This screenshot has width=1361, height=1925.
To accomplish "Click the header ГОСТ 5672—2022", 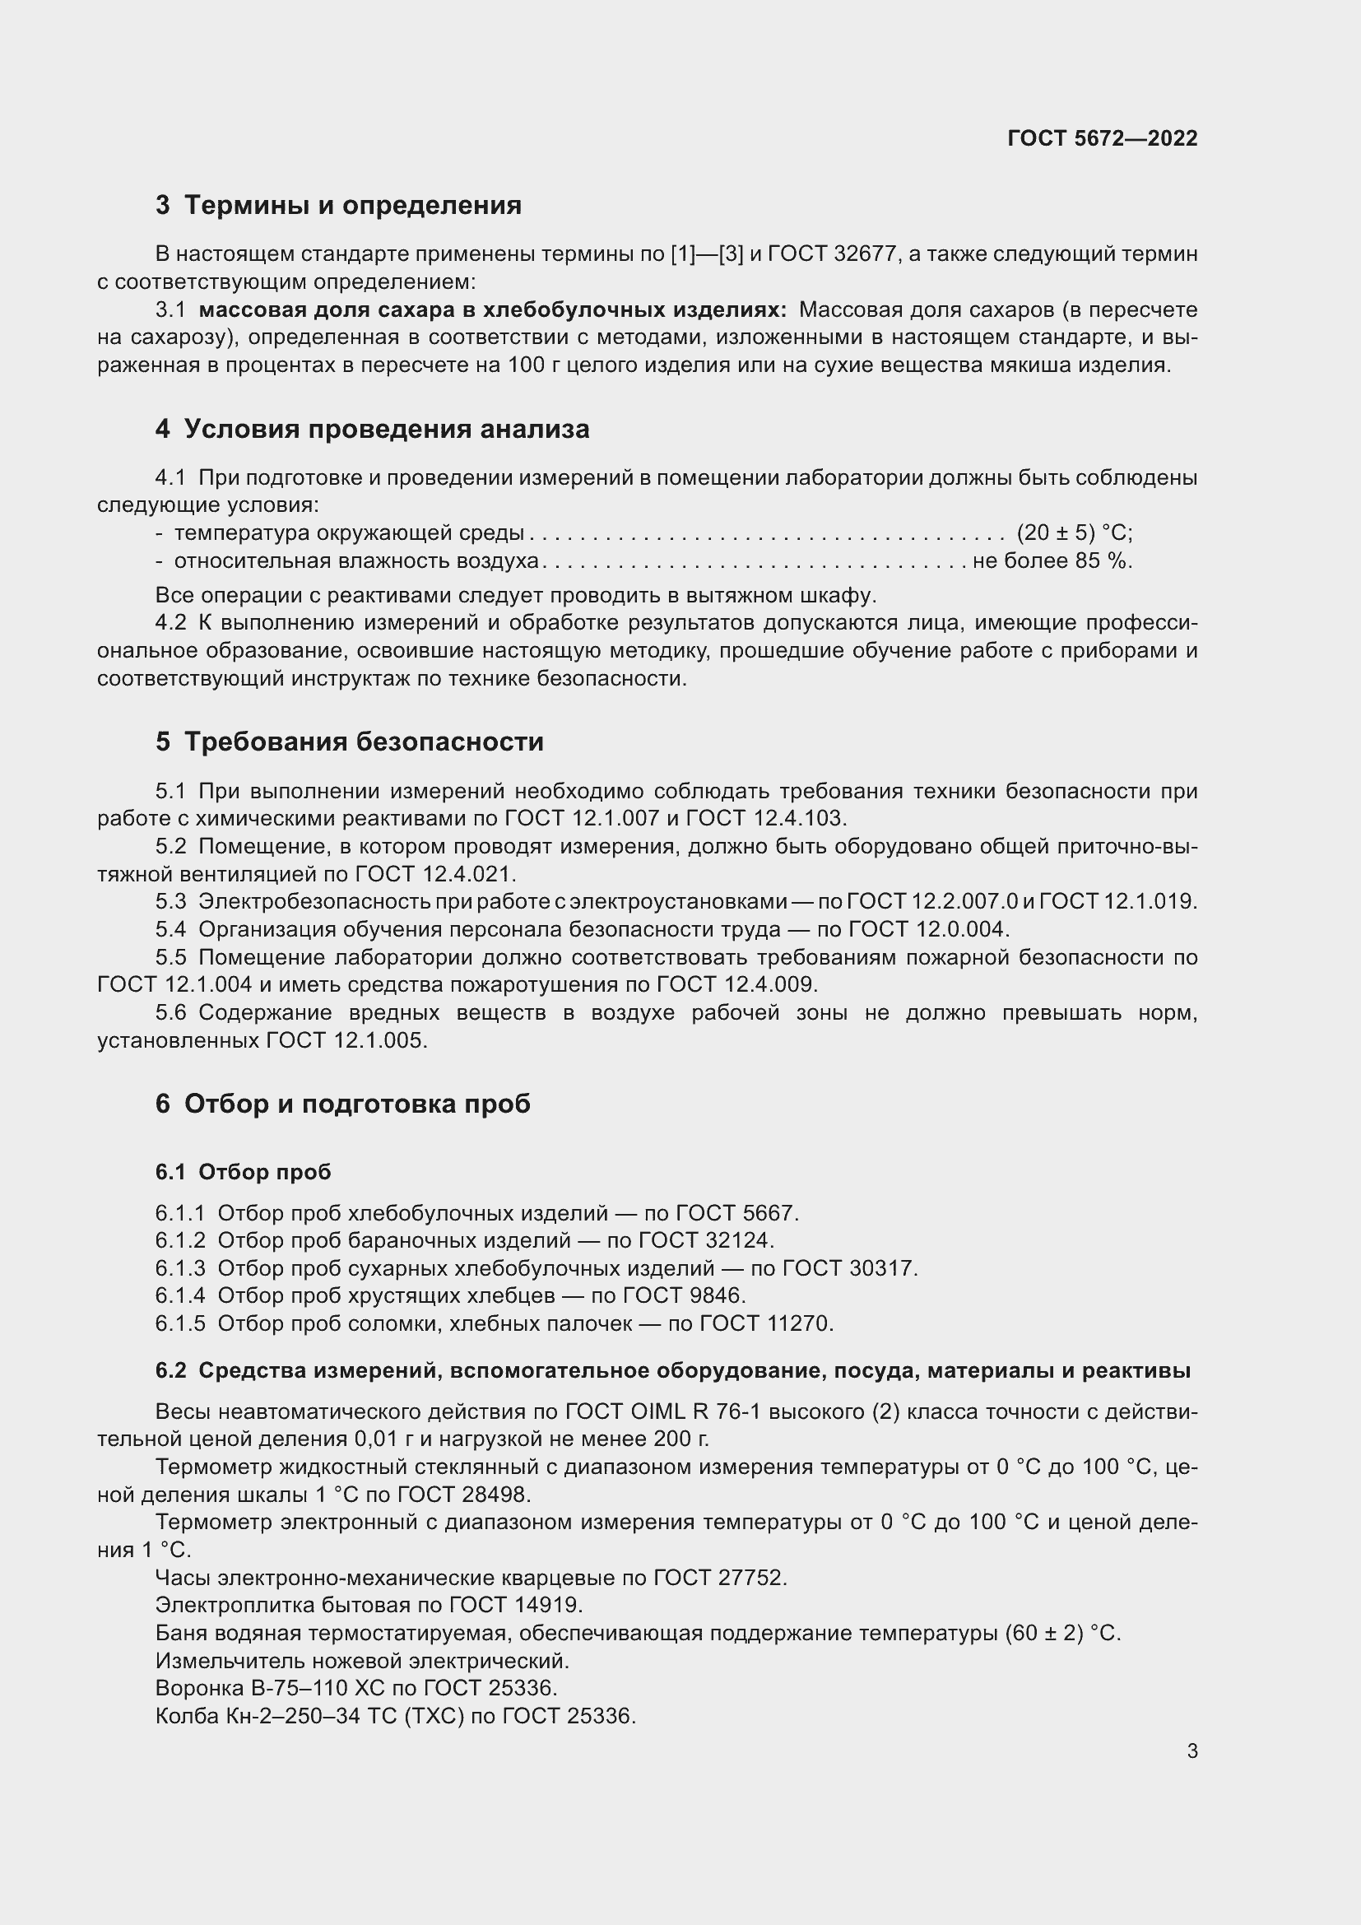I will point(1102,138).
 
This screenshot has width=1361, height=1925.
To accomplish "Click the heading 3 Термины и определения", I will point(337,205).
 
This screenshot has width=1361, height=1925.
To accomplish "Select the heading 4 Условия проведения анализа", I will point(372,430).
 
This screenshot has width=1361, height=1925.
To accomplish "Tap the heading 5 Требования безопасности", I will point(350,742).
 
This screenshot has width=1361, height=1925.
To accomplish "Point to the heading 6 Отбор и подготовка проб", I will point(343,1104).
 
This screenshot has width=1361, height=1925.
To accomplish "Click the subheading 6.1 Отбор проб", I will point(243,1171).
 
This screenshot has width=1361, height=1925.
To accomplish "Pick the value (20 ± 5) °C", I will point(1075,532).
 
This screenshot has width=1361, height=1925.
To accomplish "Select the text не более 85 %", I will point(1052,560).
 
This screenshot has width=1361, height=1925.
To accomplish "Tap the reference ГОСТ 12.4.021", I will point(435,874).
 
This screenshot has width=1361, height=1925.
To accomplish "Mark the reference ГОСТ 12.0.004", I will point(928,929).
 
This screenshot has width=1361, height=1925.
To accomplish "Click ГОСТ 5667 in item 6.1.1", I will point(736,1212).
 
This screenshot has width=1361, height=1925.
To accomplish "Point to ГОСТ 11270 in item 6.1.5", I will point(766,1323).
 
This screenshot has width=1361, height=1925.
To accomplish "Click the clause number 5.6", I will point(170,1013).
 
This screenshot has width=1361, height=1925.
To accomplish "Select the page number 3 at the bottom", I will point(1191,1751).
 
